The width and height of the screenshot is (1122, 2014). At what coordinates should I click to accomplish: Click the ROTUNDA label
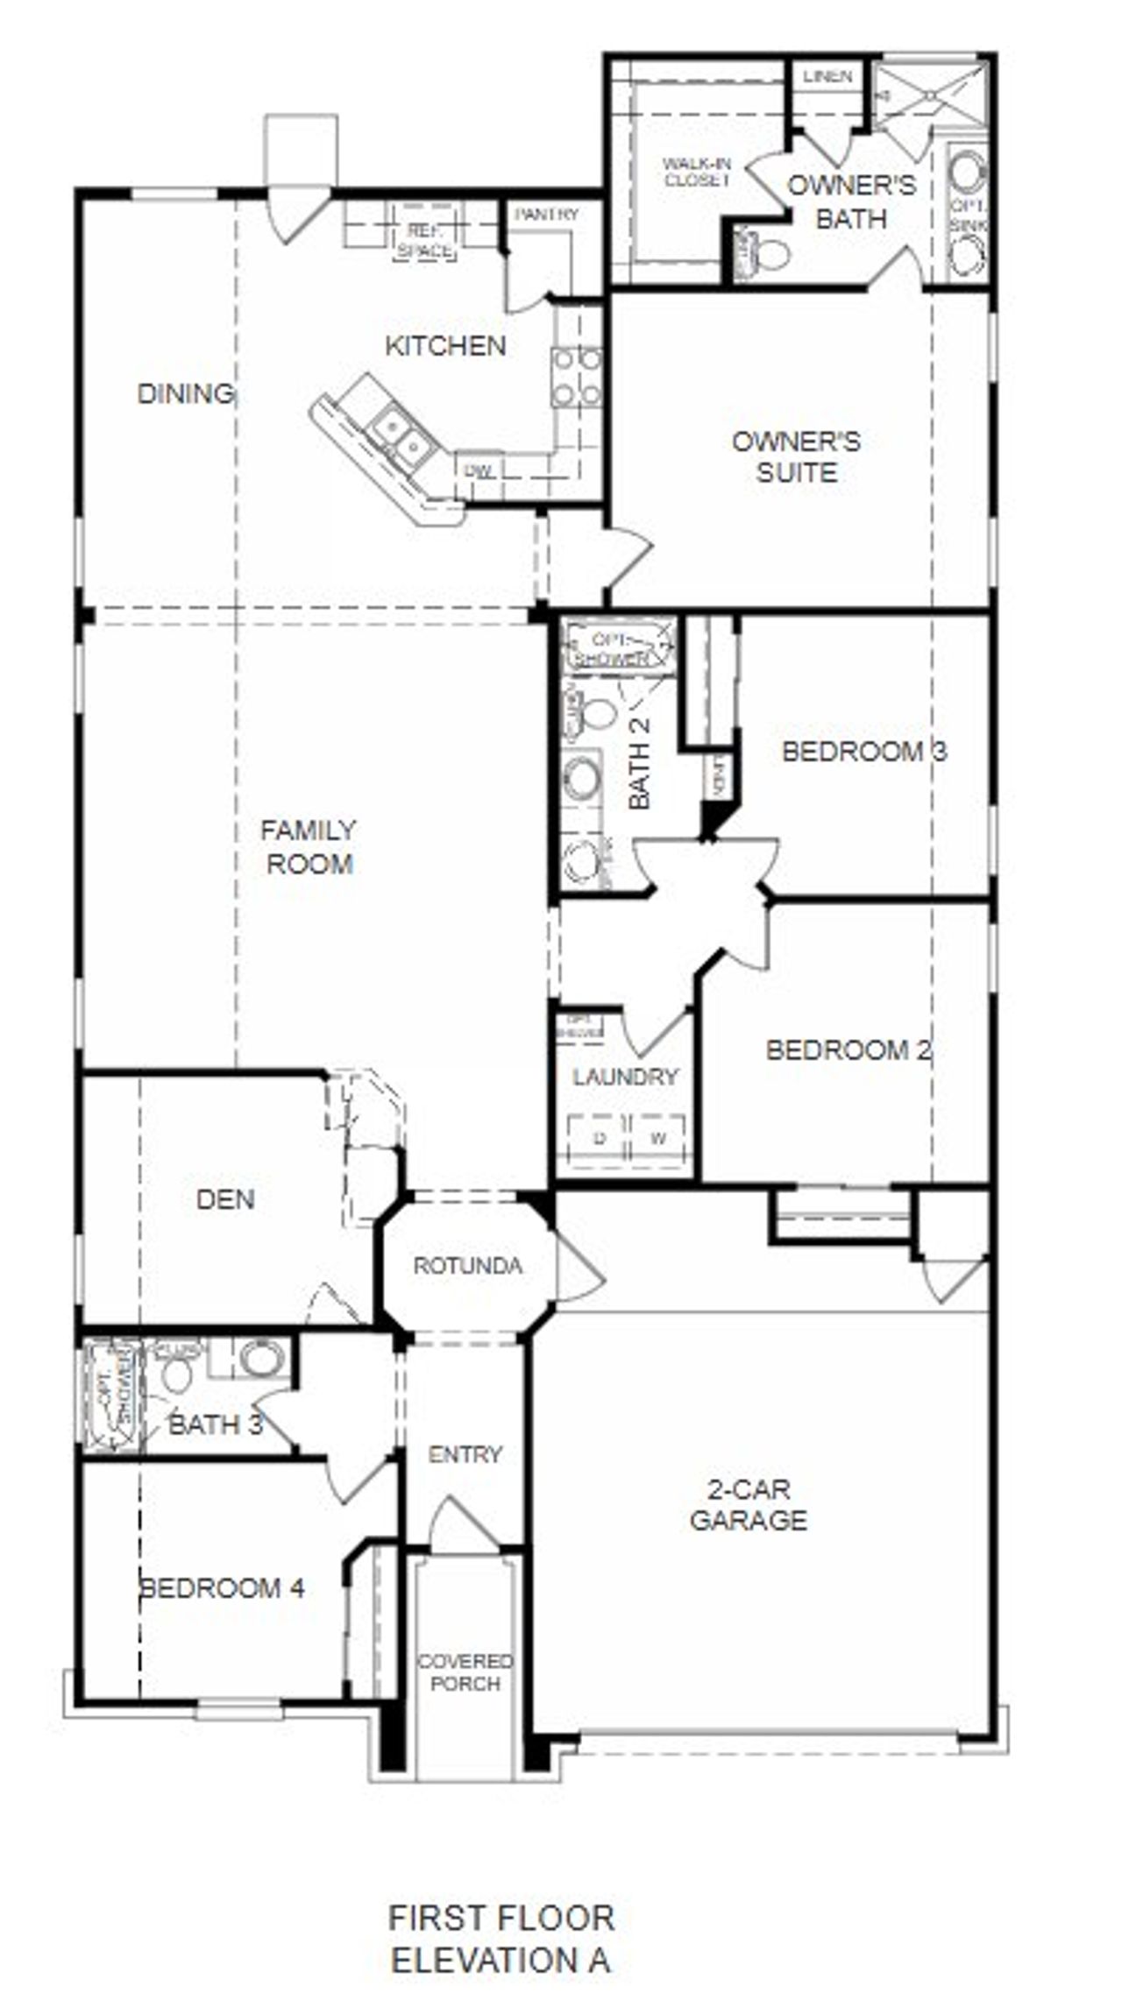pyautogui.click(x=467, y=1265)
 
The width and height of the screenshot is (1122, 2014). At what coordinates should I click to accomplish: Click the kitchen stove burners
pyautogui.click(x=577, y=377)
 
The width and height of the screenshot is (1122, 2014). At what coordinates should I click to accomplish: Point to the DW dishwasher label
pyautogui.click(x=479, y=471)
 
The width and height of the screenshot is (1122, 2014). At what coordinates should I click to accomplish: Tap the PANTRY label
pyautogui.click(x=546, y=215)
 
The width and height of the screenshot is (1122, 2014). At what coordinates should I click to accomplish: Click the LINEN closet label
pyautogui.click(x=827, y=76)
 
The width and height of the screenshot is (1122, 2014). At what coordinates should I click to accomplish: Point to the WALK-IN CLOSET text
pyautogui.click(x=697, y=172)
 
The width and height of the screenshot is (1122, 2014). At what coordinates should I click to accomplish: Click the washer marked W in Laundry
pyautogui.click(x=657, y=1139)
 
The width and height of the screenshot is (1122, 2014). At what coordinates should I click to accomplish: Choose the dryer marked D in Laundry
pyautogui.click(x=600, y=1139)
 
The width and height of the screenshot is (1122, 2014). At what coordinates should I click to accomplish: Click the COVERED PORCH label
pyautogui.click(x=465, y=1672)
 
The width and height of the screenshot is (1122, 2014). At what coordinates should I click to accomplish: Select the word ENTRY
pyautogui.click(x=465, y=1454)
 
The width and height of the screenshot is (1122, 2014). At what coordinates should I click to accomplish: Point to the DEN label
pyautogui.click(x=225, y=1199)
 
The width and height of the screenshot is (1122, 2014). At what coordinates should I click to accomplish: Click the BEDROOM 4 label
pyautogui.click(x=223, y=1587)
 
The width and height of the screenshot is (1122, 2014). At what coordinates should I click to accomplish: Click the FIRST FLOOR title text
pyautogui.click(x=501, y=1918)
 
